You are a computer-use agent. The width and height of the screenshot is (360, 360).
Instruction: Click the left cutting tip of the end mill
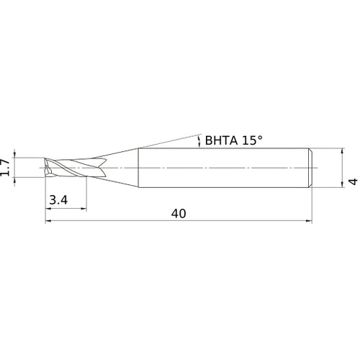pyautogui.click(x=46, y=168)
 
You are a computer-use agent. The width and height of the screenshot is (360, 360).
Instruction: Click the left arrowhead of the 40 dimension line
pyautogui.click(x=49, y=221)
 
